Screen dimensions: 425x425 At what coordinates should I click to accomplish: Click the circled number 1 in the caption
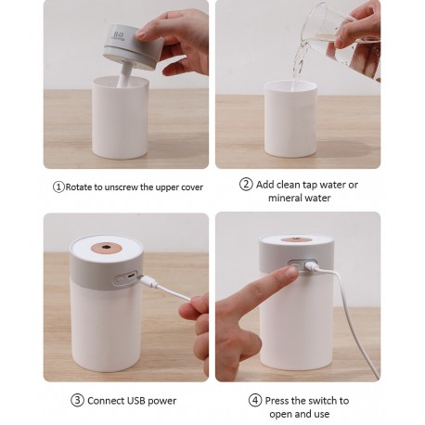58,187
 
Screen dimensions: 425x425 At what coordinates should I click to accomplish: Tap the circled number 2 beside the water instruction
246,185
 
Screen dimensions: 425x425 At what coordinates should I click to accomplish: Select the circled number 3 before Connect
77,401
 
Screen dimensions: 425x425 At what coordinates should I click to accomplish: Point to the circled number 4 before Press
255,401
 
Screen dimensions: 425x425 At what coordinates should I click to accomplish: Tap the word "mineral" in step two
285,198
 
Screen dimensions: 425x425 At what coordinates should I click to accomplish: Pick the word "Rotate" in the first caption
79,187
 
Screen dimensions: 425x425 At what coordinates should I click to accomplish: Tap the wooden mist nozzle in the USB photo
107,247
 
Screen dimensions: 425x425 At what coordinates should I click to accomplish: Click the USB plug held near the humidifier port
148,280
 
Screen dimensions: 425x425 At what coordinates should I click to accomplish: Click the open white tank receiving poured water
290,118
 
